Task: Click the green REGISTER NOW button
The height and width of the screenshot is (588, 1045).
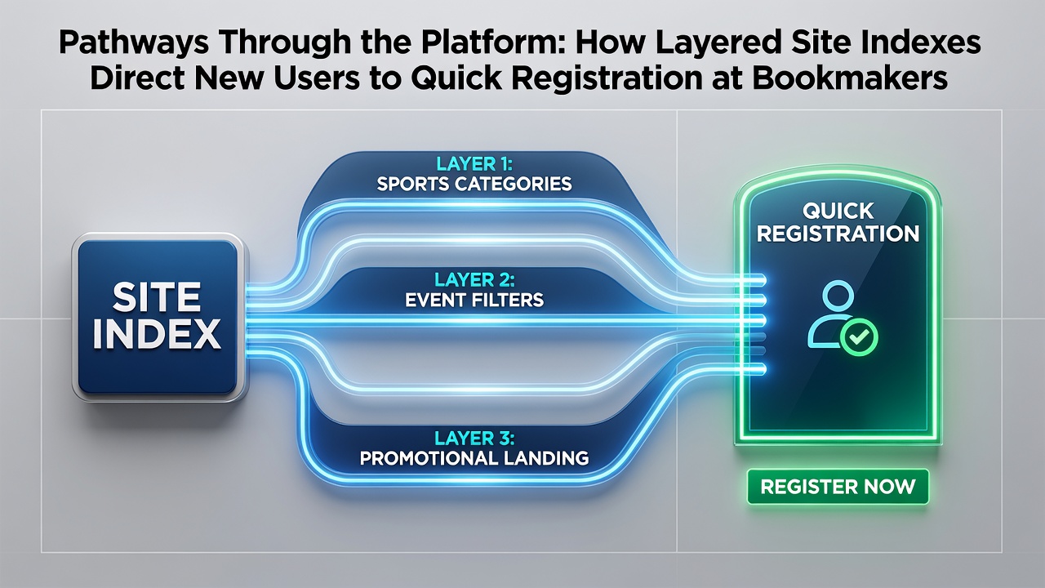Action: point(838,487)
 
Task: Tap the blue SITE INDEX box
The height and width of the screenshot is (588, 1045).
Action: point(159,318)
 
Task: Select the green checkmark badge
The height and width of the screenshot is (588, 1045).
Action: point(859,337)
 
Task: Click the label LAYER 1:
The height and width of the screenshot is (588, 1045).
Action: point(474,164)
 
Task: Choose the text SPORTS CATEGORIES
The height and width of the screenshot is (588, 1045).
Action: point(474,184)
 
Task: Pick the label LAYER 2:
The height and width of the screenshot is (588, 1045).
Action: point(474,279)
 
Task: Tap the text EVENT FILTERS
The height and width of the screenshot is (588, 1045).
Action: point(474,300)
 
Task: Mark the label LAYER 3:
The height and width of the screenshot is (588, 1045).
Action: point(474,438)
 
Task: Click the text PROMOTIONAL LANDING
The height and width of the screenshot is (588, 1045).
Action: point(474,458)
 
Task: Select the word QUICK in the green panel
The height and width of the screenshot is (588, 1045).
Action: point(838,212)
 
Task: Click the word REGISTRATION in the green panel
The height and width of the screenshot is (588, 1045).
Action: point(838,234)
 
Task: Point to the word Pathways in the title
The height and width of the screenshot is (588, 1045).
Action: point(134,43)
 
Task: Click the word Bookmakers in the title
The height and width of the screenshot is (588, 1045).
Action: point(850,78)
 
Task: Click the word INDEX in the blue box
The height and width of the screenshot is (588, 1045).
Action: point(157,334)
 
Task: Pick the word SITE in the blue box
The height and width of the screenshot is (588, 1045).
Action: point(157,298)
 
